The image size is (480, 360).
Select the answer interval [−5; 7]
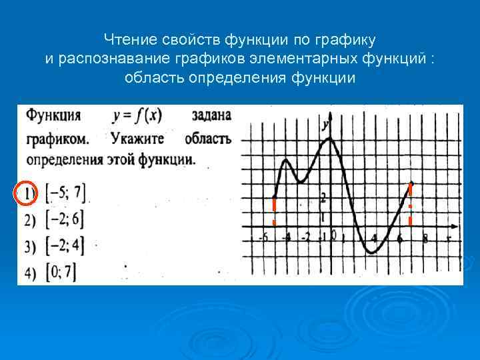pos(65,193)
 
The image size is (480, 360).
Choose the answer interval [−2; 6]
pos(65,219)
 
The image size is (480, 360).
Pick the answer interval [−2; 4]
pos(65,246)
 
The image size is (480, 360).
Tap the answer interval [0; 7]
pos(61,271)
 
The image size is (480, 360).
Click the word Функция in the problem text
pos(53,115)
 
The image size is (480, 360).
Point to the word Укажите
pos(139,139)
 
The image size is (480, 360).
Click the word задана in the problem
pos(211,115)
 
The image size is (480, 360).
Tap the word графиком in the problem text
pos(57,139)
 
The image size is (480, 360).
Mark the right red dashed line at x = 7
pos(410,203)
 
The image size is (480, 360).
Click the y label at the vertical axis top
pos(325,125)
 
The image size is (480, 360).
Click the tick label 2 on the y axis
pos(323,198)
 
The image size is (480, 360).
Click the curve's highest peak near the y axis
pos(329,139)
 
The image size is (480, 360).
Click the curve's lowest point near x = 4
pos(370,253)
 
